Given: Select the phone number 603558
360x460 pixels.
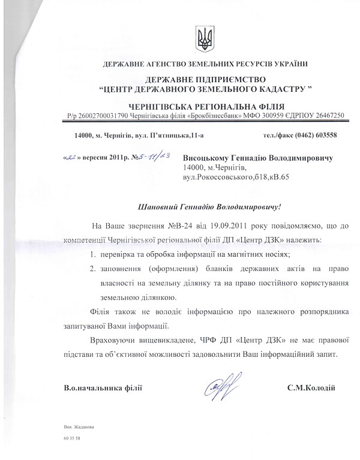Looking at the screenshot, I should click(x=324, y=135).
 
